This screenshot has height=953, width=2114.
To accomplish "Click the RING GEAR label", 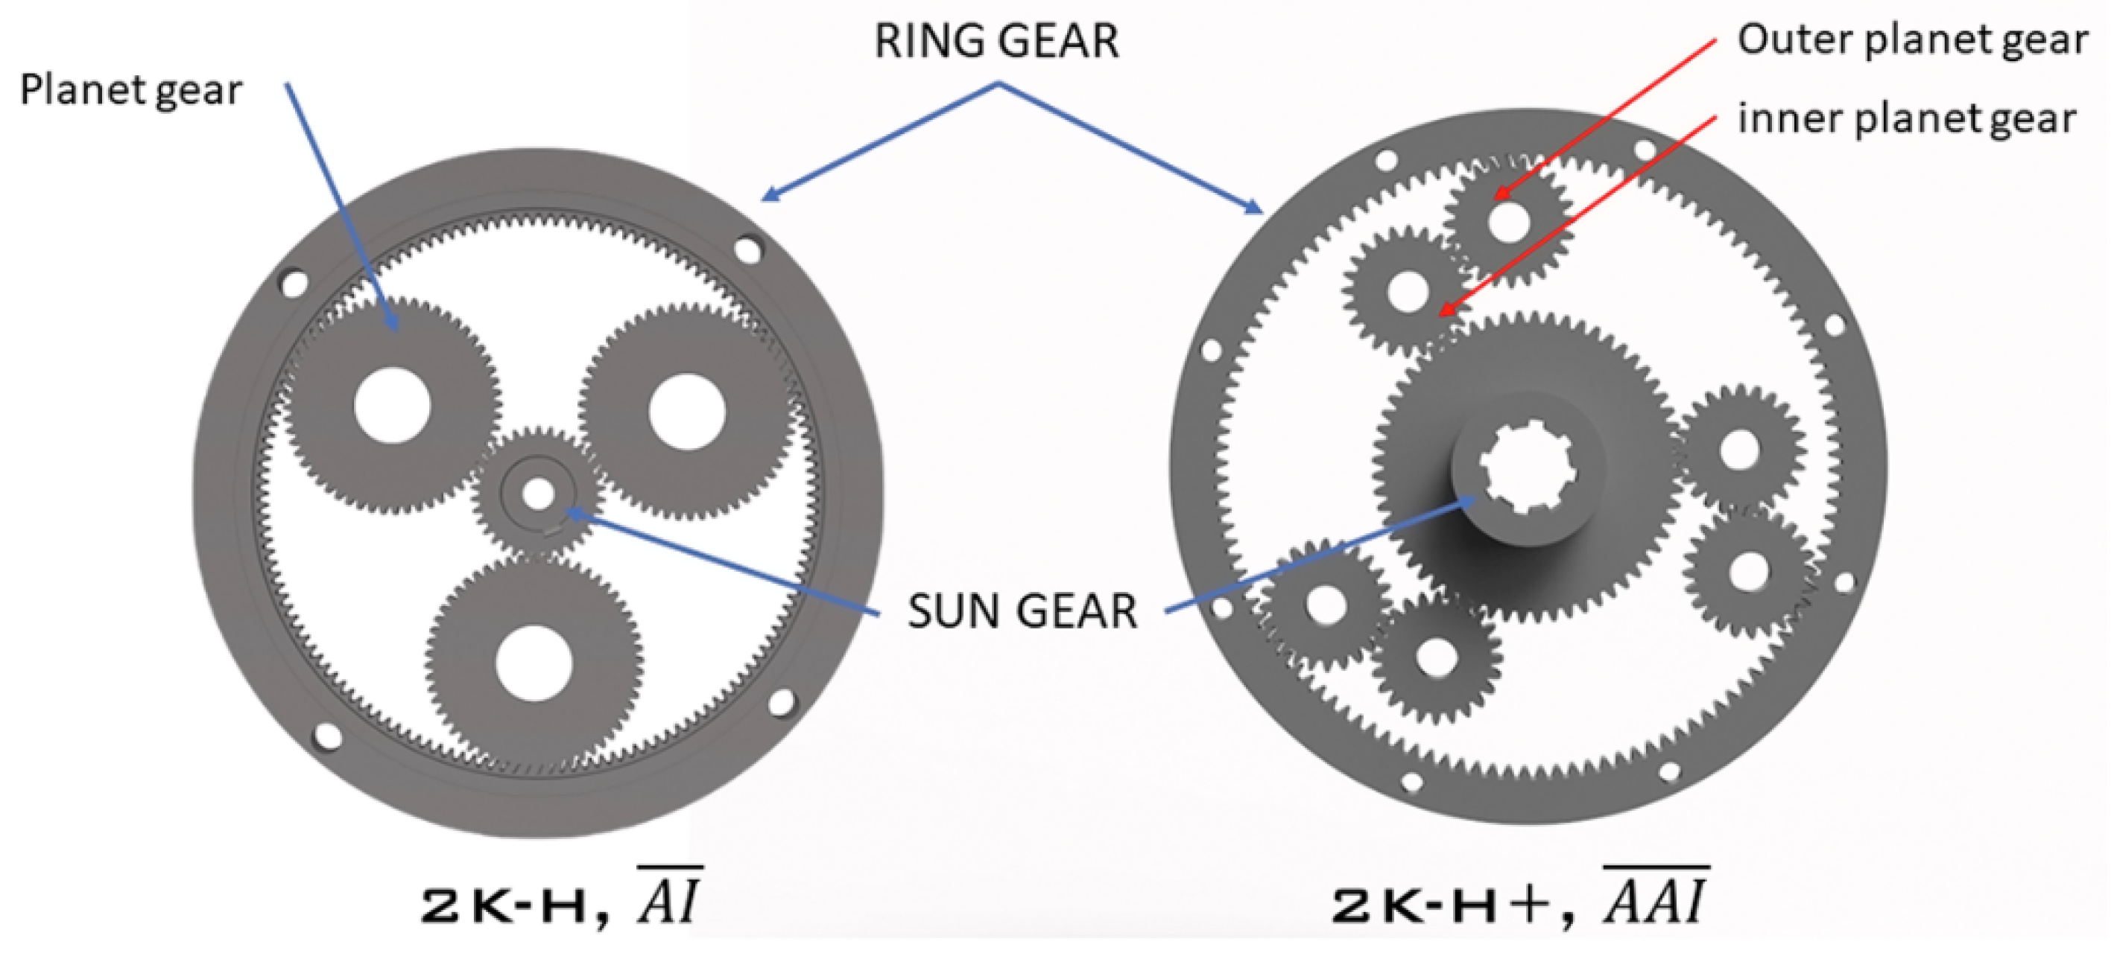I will (996, 41).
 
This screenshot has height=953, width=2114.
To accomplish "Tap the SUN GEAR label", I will (1022, 611).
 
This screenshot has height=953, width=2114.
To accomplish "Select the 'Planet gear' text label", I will (130, 90).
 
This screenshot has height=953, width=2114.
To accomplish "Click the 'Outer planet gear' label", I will (1911, 39).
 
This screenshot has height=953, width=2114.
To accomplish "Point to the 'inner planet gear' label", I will (1906, 119).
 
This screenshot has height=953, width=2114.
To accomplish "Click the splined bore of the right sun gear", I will (1528, 468).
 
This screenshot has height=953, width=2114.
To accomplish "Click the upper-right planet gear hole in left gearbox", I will (686, 412).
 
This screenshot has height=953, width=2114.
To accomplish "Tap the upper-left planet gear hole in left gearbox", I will (392, 405).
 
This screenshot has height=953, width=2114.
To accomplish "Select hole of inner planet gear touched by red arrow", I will (1408, 291).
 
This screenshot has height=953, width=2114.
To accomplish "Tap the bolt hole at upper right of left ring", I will (747, 249).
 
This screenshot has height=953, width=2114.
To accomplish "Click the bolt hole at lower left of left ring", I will (326, 736).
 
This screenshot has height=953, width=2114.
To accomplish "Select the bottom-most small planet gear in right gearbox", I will (1436, 656).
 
